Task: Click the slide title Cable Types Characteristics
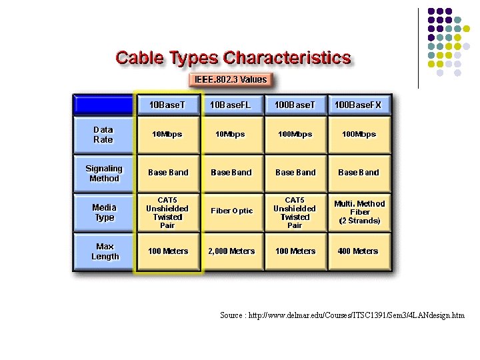pos(233,58)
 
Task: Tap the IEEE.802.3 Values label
pos(231,80)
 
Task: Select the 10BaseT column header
pos(167,105)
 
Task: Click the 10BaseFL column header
pos(231,105)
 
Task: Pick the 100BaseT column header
pos(295,105)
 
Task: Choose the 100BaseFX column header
pos(358,105)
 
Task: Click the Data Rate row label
pos(103,135)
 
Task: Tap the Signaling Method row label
pos(104,173)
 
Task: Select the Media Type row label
pos(104,212)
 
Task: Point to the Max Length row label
pos(105,251)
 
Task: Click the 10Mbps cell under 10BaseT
pos(167,135)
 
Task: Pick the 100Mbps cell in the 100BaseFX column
pos(359,135)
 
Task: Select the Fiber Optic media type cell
pos(231,211)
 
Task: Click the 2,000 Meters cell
pos(231,251)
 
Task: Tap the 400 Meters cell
pos(358,251)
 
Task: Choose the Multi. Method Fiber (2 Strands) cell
pos(359,212)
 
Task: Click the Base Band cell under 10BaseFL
pos(231,173)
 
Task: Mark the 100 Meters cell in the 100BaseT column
pos(295,251)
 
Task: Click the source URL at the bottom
pos(342,315)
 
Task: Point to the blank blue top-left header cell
pos(103,105)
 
